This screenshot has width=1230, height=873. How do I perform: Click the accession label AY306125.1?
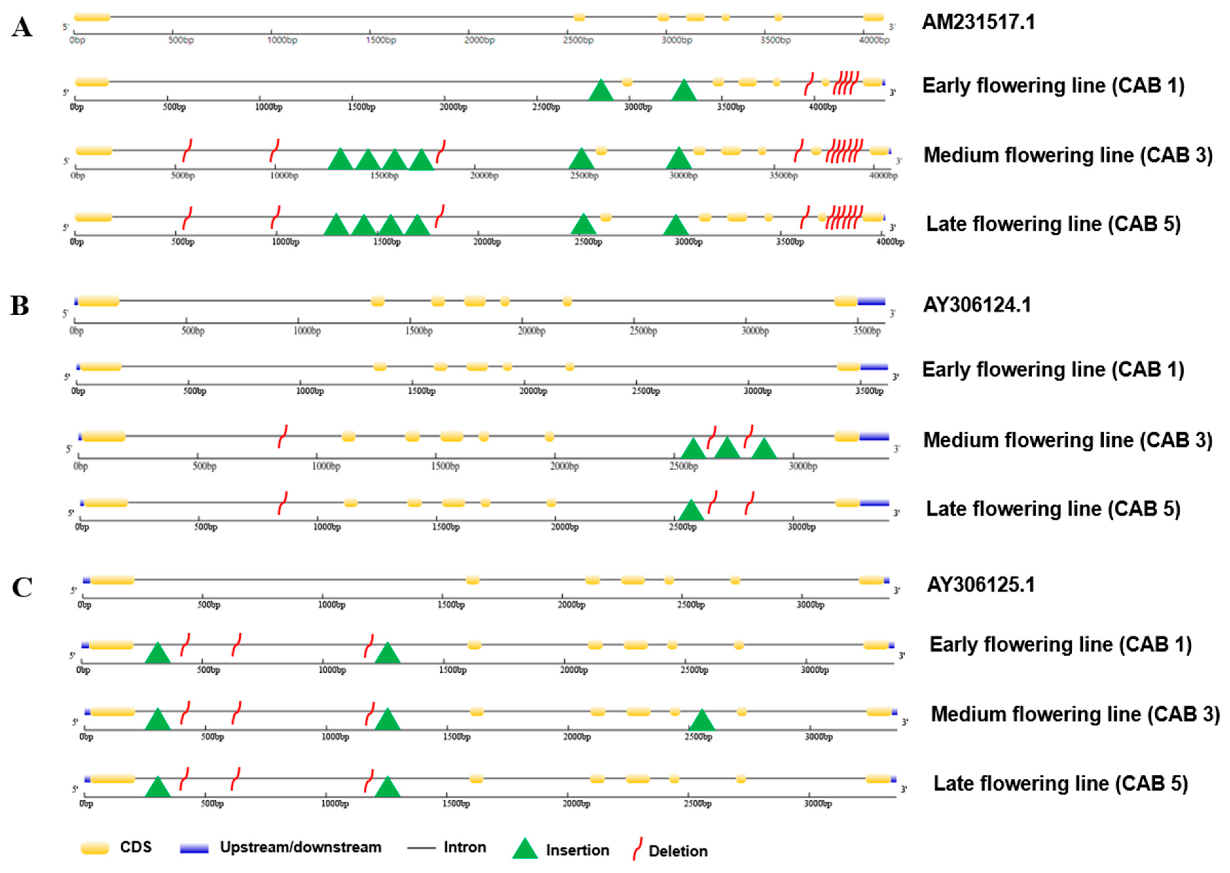(980, 584)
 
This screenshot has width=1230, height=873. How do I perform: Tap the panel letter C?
(22, 588)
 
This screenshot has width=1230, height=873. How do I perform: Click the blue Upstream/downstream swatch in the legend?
(194, 848)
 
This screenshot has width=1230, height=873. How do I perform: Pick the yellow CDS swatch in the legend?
(95, 848)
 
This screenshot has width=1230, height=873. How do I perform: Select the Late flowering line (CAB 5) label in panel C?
(1060, 783)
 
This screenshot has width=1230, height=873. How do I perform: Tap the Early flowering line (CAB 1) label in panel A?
(1053, 85)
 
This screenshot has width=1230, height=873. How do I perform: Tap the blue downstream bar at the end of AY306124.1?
(871, 301)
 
